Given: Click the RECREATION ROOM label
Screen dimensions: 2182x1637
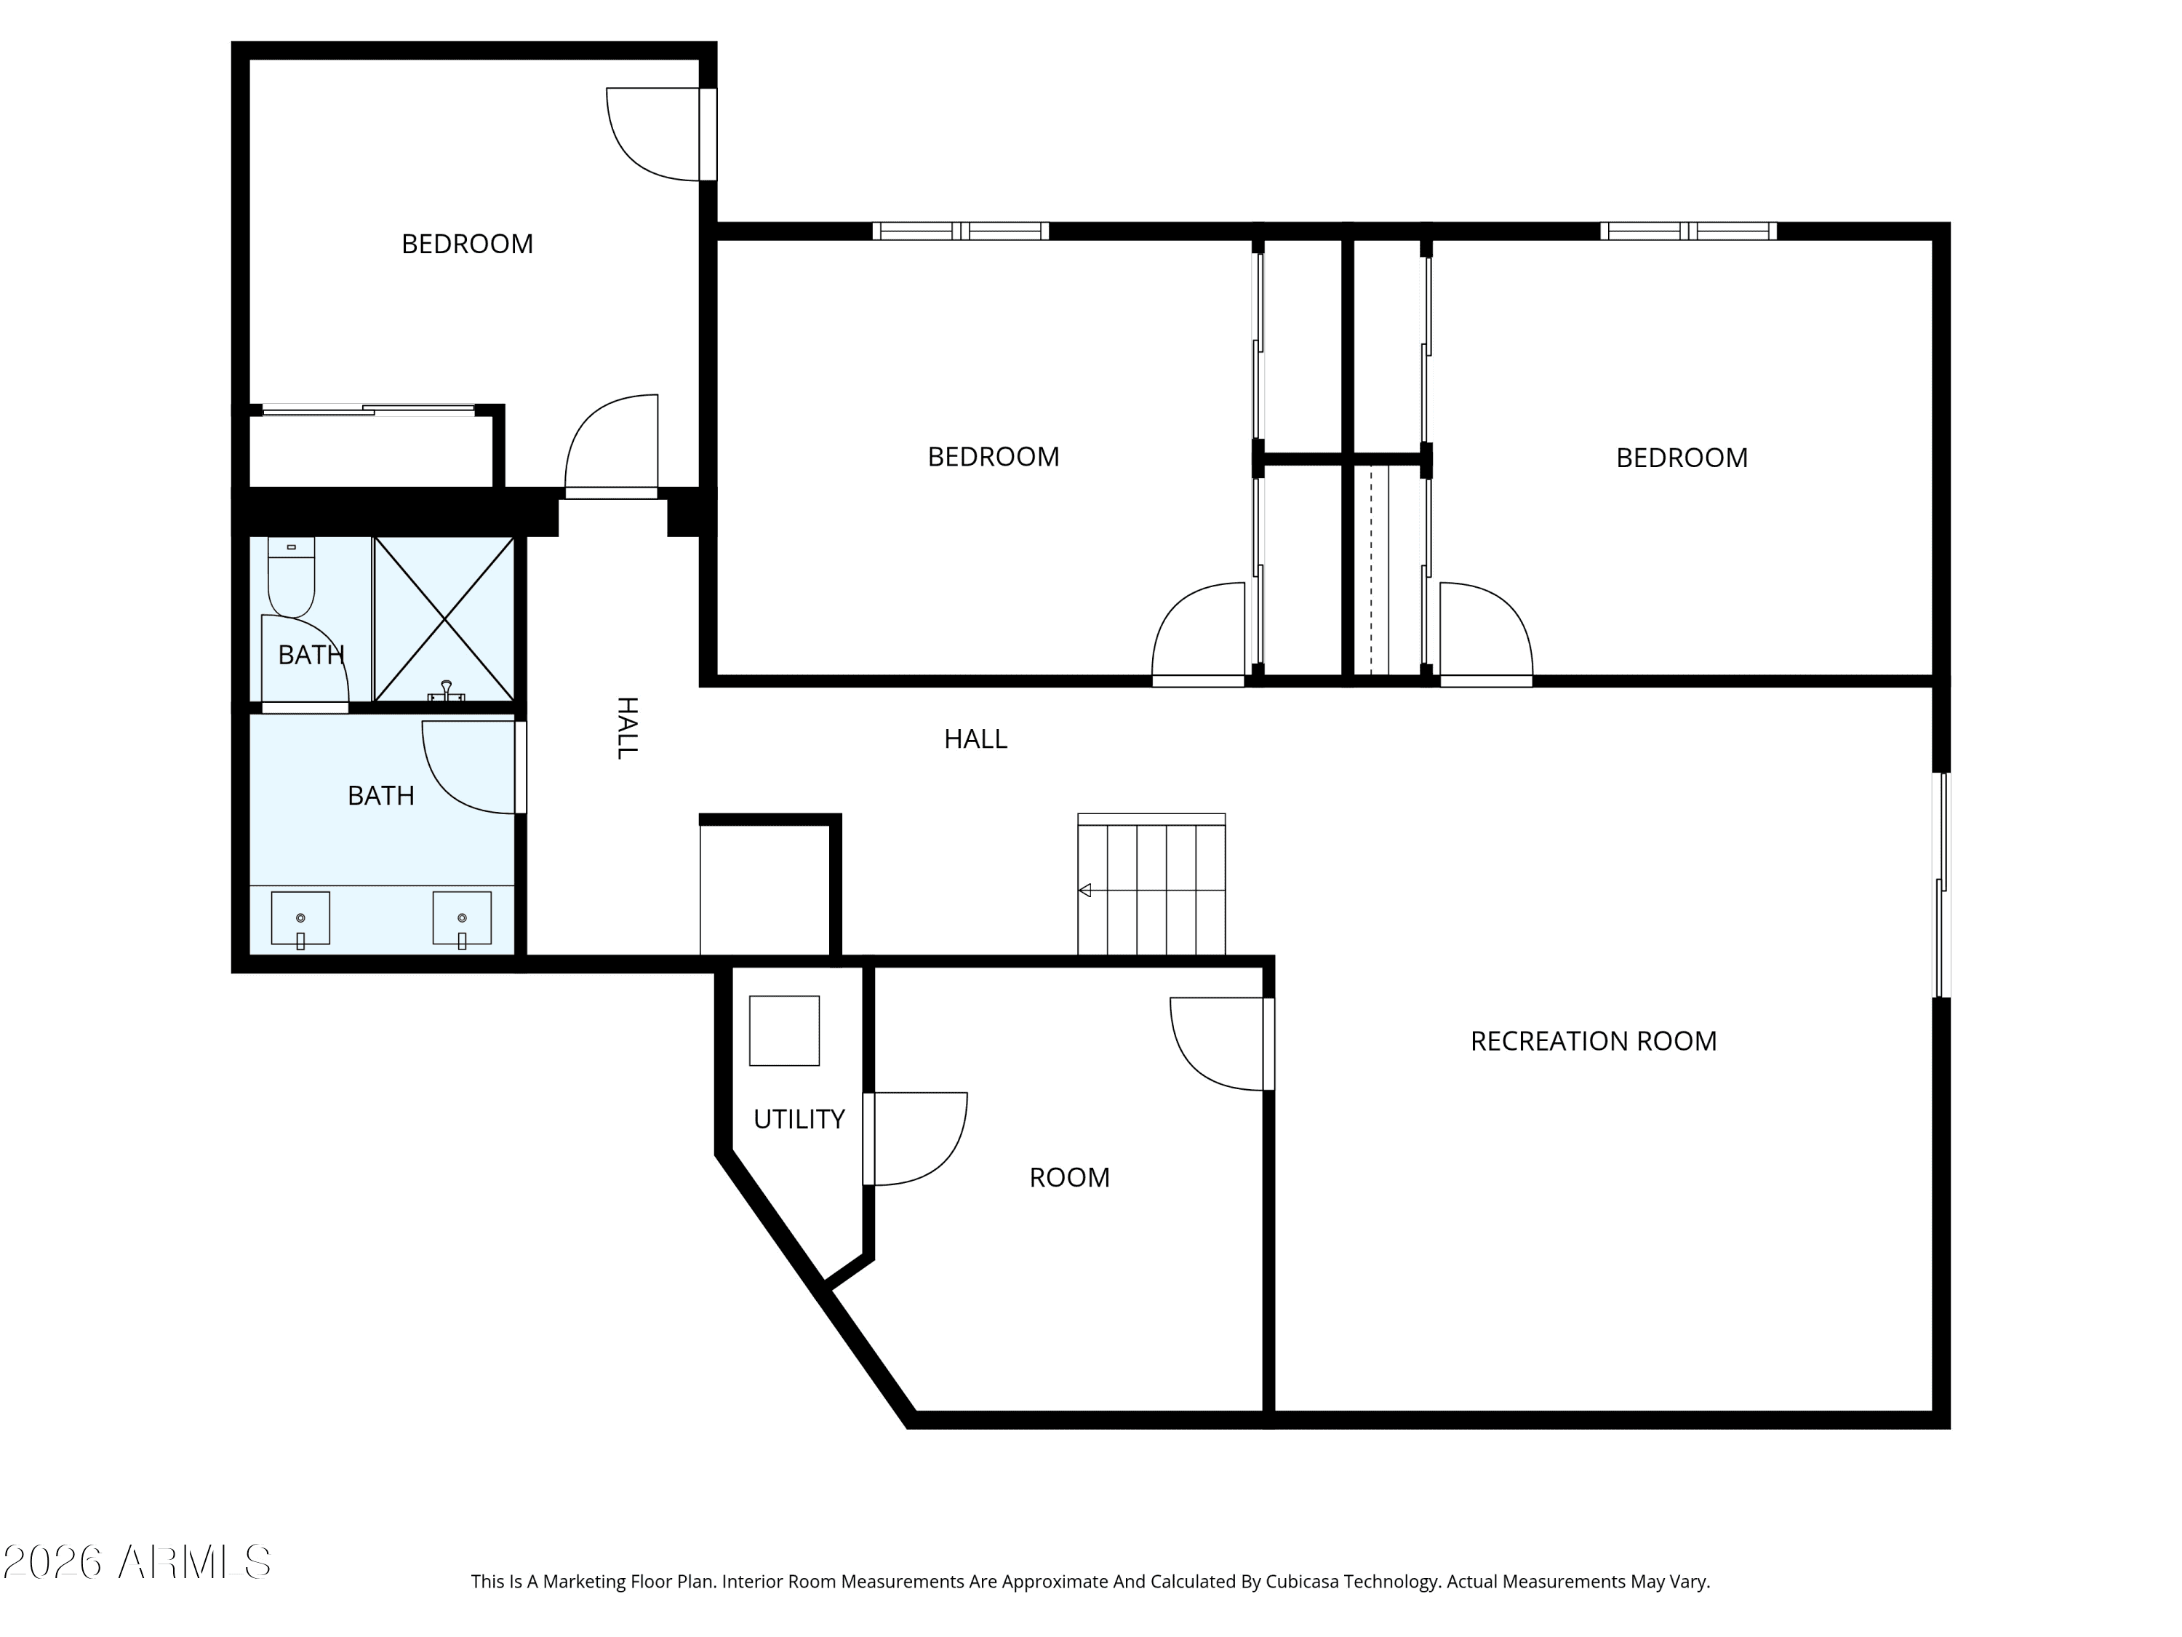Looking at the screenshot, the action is (x=1593, y=1041).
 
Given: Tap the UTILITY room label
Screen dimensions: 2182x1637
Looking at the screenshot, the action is (x=799, y=1119).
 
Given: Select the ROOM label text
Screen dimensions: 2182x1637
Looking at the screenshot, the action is (x=1069, y=1177).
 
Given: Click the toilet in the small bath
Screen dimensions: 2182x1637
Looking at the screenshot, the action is (x=291, y=576).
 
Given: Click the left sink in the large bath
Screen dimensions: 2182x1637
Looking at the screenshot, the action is (x=301, y=920).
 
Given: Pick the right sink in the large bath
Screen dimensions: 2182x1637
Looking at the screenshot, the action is (x=462, y=920).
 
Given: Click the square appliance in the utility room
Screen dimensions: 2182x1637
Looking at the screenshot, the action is (x=784, y=1030).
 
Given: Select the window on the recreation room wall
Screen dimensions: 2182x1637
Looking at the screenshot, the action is (x=1941, y=885).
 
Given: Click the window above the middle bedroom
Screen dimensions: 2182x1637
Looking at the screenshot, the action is (x=961, y=231).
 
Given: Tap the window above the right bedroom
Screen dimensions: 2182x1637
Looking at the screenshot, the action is (x=1688, y=231).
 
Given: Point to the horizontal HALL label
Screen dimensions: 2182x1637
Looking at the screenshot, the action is (x=975, y=739).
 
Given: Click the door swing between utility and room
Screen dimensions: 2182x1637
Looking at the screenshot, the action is (x=916, y=1138).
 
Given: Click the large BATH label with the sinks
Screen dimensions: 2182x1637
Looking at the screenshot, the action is (x=381, y=795).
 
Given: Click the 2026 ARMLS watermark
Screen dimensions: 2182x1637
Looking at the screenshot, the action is (x=137, y=1562).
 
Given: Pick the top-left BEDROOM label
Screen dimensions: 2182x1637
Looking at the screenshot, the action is (x=468, y=244).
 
